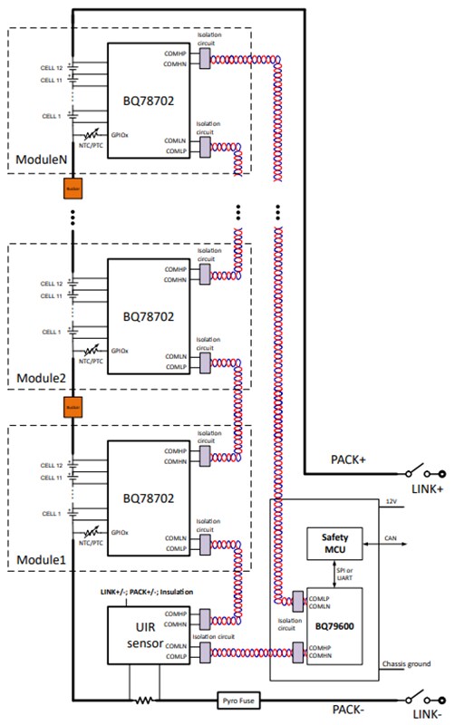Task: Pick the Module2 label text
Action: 40,378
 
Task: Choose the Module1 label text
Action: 40,559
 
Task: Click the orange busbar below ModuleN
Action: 72,189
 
